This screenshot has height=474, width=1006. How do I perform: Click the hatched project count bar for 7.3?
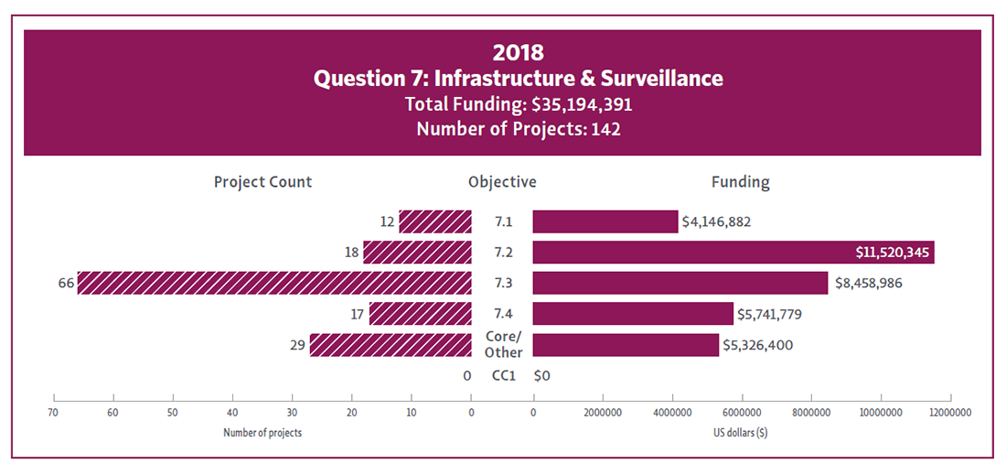(274, 283)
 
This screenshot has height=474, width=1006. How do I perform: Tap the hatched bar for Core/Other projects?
(391, 345)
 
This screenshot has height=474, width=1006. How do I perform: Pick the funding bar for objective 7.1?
(605, 221)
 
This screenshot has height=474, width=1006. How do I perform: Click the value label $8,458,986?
(868, 284)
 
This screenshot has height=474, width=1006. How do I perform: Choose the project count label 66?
(66, 284)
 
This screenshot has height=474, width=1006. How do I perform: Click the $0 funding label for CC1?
(541, 375)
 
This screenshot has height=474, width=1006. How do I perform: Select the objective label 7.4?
(504, 314)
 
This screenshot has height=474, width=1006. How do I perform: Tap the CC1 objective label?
(503, 375)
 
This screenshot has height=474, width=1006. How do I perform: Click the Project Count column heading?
(262, 181)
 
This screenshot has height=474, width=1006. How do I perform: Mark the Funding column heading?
(740, 181)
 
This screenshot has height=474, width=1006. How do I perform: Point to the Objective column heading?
(502, 181)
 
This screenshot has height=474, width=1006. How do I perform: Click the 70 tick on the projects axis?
(54, 413)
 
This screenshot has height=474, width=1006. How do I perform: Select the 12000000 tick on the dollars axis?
(950, 413)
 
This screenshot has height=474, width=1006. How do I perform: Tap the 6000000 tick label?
(742, 413)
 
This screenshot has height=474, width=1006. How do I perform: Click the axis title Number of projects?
(262, 433)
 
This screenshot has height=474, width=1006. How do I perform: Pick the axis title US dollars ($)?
(740, 433)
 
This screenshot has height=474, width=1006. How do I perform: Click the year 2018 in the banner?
(518, 52)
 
